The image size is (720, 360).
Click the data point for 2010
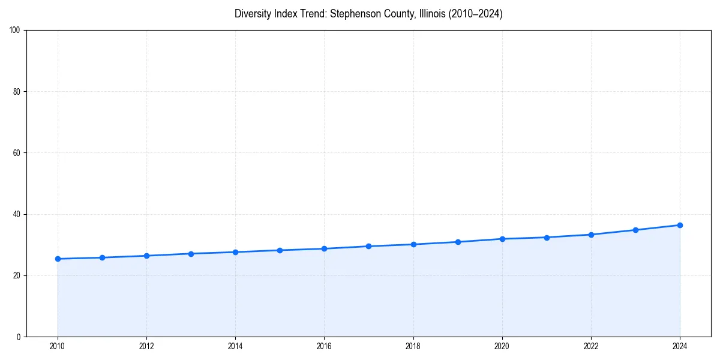click(x=58, y=259)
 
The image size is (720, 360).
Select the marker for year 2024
click(x=680, y=225)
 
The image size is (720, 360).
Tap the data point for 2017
click(x=368, y=246)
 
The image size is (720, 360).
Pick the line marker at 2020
click(x=502, y=239)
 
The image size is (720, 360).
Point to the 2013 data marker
click(x=191, y=254)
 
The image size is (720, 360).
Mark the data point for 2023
click(x=635, y=230)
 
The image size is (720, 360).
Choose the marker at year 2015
click(x=280, y=250)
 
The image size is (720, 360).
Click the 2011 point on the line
click(x=102, y=257)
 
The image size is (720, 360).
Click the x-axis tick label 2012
click(x=146, y=346)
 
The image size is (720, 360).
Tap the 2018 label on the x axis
click(x=413, y=346)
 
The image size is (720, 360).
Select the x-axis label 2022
click(x=591, y=346)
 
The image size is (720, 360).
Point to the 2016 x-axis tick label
click(x=324, y=346)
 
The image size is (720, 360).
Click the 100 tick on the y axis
click(x=15, y=31)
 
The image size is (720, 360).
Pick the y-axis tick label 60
click(x=17, y=153)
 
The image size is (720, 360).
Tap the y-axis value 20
click(x=17, y=275)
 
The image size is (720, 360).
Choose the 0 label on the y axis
click(x=19, y=337)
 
